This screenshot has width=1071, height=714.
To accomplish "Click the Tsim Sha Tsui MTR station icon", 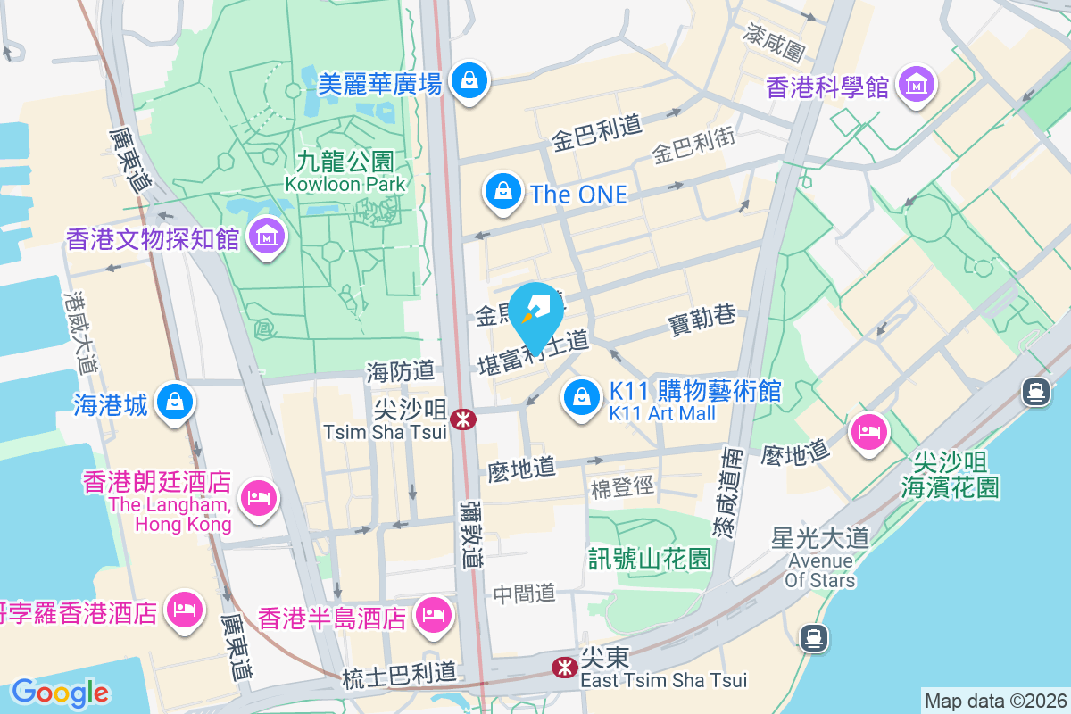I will click(x=462, y=419).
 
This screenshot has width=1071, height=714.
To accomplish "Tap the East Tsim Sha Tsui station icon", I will click(x=564, y=668).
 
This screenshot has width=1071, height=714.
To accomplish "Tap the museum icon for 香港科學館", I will click(x=917, y=86).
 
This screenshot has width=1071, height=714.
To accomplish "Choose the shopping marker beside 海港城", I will click(x=176, y=403).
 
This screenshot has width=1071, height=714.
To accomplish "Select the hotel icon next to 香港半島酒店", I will click(x=433, y=615).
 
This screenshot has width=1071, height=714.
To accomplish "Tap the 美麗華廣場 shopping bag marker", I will click(x=468, y=81).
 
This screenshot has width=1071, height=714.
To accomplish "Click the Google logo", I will click(x=60, y=692).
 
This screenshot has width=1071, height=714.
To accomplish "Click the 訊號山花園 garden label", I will click(x=650, y=560).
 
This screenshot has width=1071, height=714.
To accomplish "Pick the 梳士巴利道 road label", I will click(x=399, y=677).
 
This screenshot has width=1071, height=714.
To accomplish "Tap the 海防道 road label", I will click(x=400, y=371).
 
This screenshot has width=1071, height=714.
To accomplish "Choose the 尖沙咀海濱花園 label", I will click(x=951, y=475).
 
